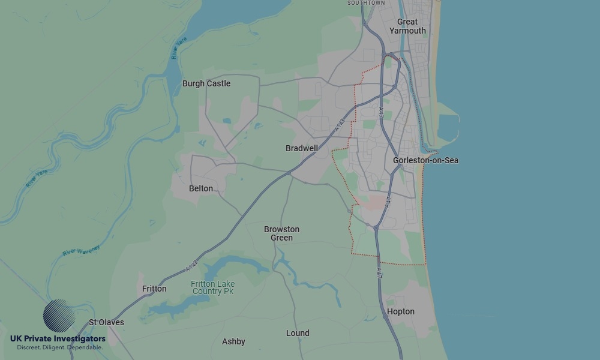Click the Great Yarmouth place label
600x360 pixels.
[407, 26]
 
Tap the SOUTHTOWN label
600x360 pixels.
[366, 3]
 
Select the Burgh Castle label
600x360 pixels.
[206, 83]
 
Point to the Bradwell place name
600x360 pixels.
[301, 148]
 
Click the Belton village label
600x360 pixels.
[200, 188]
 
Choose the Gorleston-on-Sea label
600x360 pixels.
[425, 160]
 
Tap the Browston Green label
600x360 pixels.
[281, 233]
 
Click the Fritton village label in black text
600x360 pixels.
[154, 289]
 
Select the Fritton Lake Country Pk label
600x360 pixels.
[213, 287]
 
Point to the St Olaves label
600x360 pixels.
[106, 322]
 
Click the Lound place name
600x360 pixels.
[298, 333]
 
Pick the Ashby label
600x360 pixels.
[233, 341]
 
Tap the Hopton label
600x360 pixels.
[400, 311]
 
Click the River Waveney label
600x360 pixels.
[80, 251]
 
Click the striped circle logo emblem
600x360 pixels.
[59, 316]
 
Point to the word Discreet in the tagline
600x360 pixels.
[29, 347]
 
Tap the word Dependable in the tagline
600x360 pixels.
[85, 347]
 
